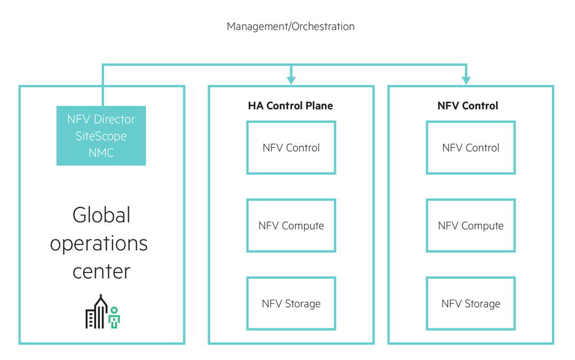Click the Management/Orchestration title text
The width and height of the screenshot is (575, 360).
pyautogui.click(x=290, y=26)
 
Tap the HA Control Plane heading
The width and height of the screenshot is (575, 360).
pyautogui.click(x=290, y=106)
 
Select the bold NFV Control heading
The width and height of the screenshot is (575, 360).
pyautogui.click(x=467, y=106)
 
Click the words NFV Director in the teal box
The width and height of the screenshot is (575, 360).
pyautogui.click(x=101, y=119)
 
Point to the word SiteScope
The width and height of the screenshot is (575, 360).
pyautogui.click(x=101, y=136)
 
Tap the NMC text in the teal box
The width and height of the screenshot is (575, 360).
pyautogui.click(x=101, y=152)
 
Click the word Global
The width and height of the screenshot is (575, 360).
pyautogui.click(x=101, y=215)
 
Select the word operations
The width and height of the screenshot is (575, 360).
pyautogui.click(x=99, y=243)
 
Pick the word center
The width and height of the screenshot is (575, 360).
pyautogui.click(x=101, y=271)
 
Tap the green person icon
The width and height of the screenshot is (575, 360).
pyautogui.click(x=114, y=317)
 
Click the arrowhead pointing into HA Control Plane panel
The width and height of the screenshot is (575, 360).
pyautogui.click(x=291, y=80)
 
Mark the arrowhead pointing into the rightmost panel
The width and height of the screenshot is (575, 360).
pyautogui.click(x=466, y=80)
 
